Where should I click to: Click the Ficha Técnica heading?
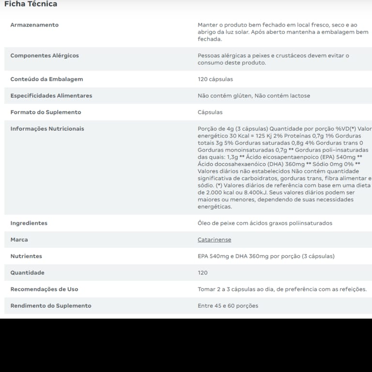pyautogui.click(x=31, y=4)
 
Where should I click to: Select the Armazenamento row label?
pyautogui.click(x=34, y=25)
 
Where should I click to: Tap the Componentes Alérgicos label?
pyautogui.click(x=45, y=56)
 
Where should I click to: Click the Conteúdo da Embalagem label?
pyautogui.click(x=46, y=79)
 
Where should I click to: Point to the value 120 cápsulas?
pyautogui.click(x=215, y=79)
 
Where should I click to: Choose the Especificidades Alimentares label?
pyautogui.click(x=51, y=95)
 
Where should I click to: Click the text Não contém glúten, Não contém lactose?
pyautogui.click(x=254, y=95)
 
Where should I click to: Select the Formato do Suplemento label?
pyautogui.click(x=46, y=112)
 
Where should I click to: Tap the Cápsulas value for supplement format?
pyautogui.click(x=210, y=112)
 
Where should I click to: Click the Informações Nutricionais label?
pyautogui.click(x=47, y=128)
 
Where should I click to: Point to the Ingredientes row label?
pyautogui.click(x=29, y=223)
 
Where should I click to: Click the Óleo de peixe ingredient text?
pyautogui.click(x=265, y=223)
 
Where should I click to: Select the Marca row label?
pyautogui.click(x=19, y=240)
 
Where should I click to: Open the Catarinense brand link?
pyautogui.click(x=214, y=240)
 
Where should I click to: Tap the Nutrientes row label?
pyautogui.click(x=26, y=256)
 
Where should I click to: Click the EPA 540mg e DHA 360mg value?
pyautogui.click(x=266, y=256)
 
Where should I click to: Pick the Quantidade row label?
pyautogui.click(x=27, y=273)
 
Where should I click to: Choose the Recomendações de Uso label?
pyautogui.click(x=44, y=289)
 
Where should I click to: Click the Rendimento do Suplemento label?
pyautogui.click(x=51, y=306)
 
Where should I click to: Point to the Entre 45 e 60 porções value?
pyautogui.click(x=228, y=306)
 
